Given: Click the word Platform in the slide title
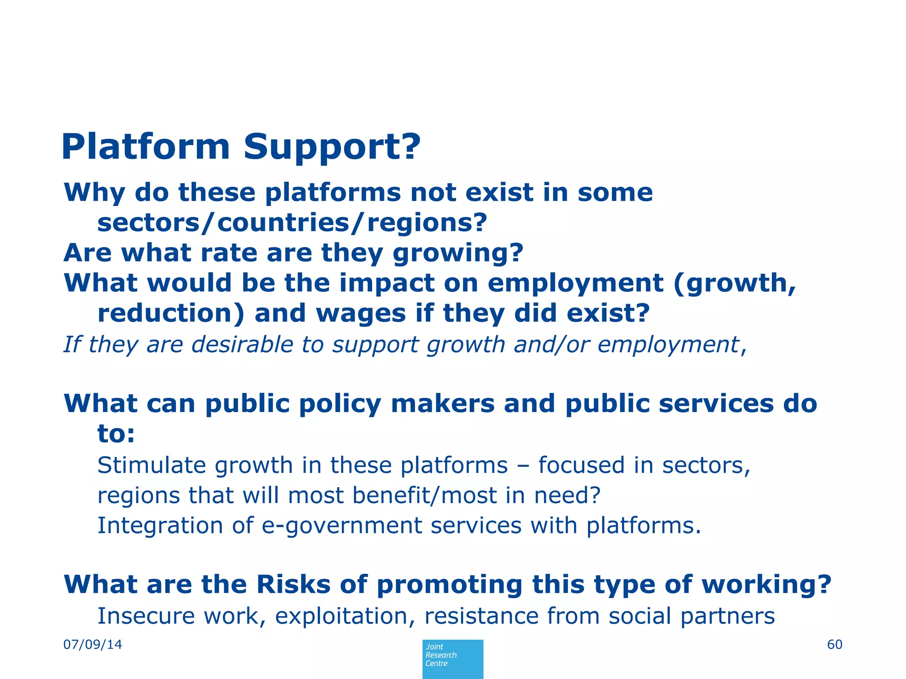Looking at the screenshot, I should point(146,147).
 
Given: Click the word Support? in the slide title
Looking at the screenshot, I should point(332,147).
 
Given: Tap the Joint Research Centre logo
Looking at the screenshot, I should point(453,658).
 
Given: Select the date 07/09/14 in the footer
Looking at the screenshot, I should point(93,645).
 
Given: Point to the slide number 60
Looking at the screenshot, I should point(834,645).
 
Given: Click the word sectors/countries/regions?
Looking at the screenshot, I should point(292,222).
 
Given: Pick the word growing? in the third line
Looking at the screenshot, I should point(458,253).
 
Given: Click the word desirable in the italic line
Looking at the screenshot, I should point(242,344).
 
